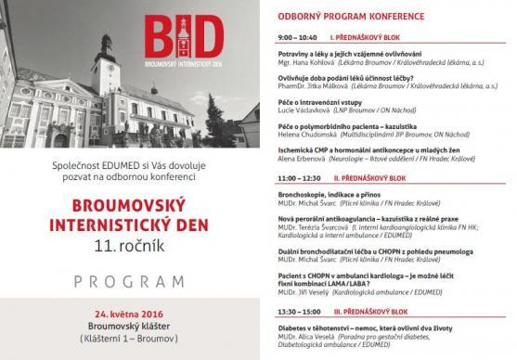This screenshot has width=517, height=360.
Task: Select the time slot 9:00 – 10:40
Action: (297, 37)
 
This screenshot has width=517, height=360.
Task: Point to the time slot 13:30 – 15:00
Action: (299, 312)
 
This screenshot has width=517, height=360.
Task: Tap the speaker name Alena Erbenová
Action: (304, 159)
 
